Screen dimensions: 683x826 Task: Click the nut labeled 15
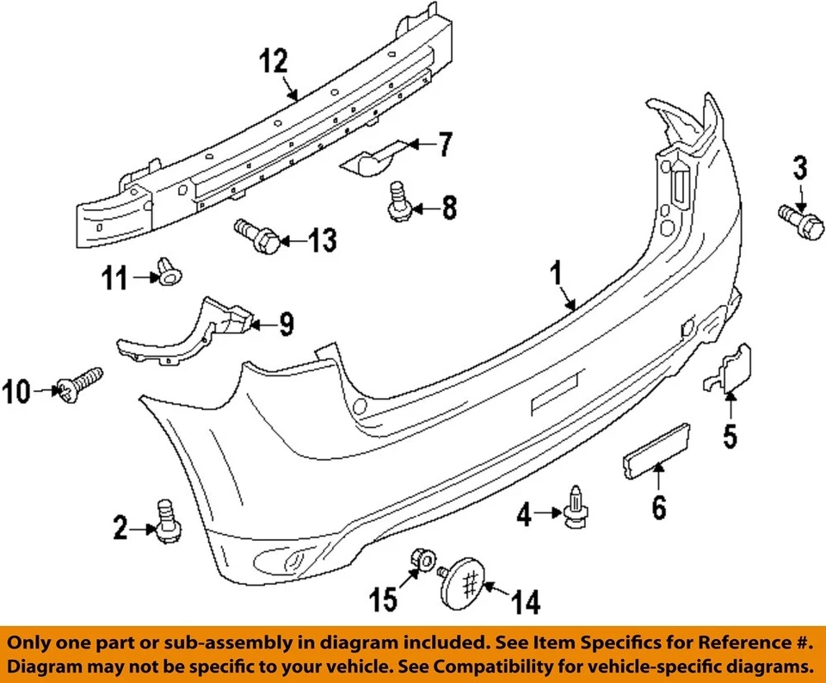pos(422,562)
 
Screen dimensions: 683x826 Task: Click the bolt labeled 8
pos(398,202)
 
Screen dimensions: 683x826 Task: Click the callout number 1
pos(557,276)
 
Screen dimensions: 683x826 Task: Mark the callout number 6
pos(658,508)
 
